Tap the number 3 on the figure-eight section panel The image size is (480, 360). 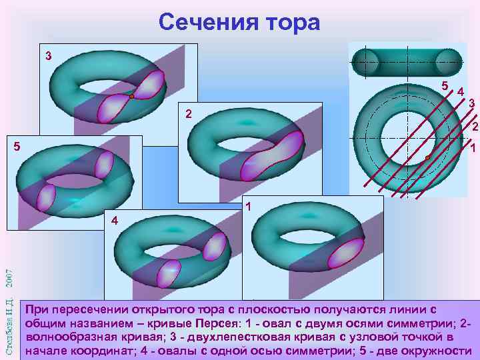coord(48,55)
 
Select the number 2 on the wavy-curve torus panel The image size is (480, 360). coord(189,114)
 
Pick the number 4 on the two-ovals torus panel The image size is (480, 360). coord(114,220)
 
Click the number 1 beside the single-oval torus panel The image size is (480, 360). coord(247,206)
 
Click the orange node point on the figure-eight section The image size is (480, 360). coord(132,97)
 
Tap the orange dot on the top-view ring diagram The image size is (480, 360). coord(427,157)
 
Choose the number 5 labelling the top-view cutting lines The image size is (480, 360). coord(445,86)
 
